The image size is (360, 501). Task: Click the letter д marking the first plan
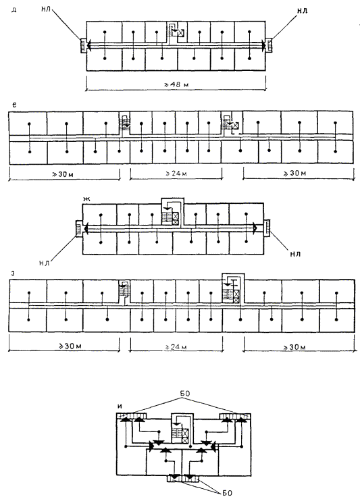14,9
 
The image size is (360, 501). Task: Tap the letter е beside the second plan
14,105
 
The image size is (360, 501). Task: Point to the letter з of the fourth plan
12,273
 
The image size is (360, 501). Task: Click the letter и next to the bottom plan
120,406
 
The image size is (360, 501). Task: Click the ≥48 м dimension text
176,84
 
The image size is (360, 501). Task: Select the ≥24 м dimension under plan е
176,174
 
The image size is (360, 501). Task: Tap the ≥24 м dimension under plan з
176,346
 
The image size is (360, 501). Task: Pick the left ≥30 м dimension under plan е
64,174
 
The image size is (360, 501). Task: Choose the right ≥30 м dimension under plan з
294,347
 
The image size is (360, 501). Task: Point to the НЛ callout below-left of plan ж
44,263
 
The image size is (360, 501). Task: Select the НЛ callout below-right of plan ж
294,255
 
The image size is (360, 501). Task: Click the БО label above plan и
185,394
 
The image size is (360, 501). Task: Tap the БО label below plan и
227,493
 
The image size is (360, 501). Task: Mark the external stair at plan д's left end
82,45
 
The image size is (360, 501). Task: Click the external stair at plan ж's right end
267,228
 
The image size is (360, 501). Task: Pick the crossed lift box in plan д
181,33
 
